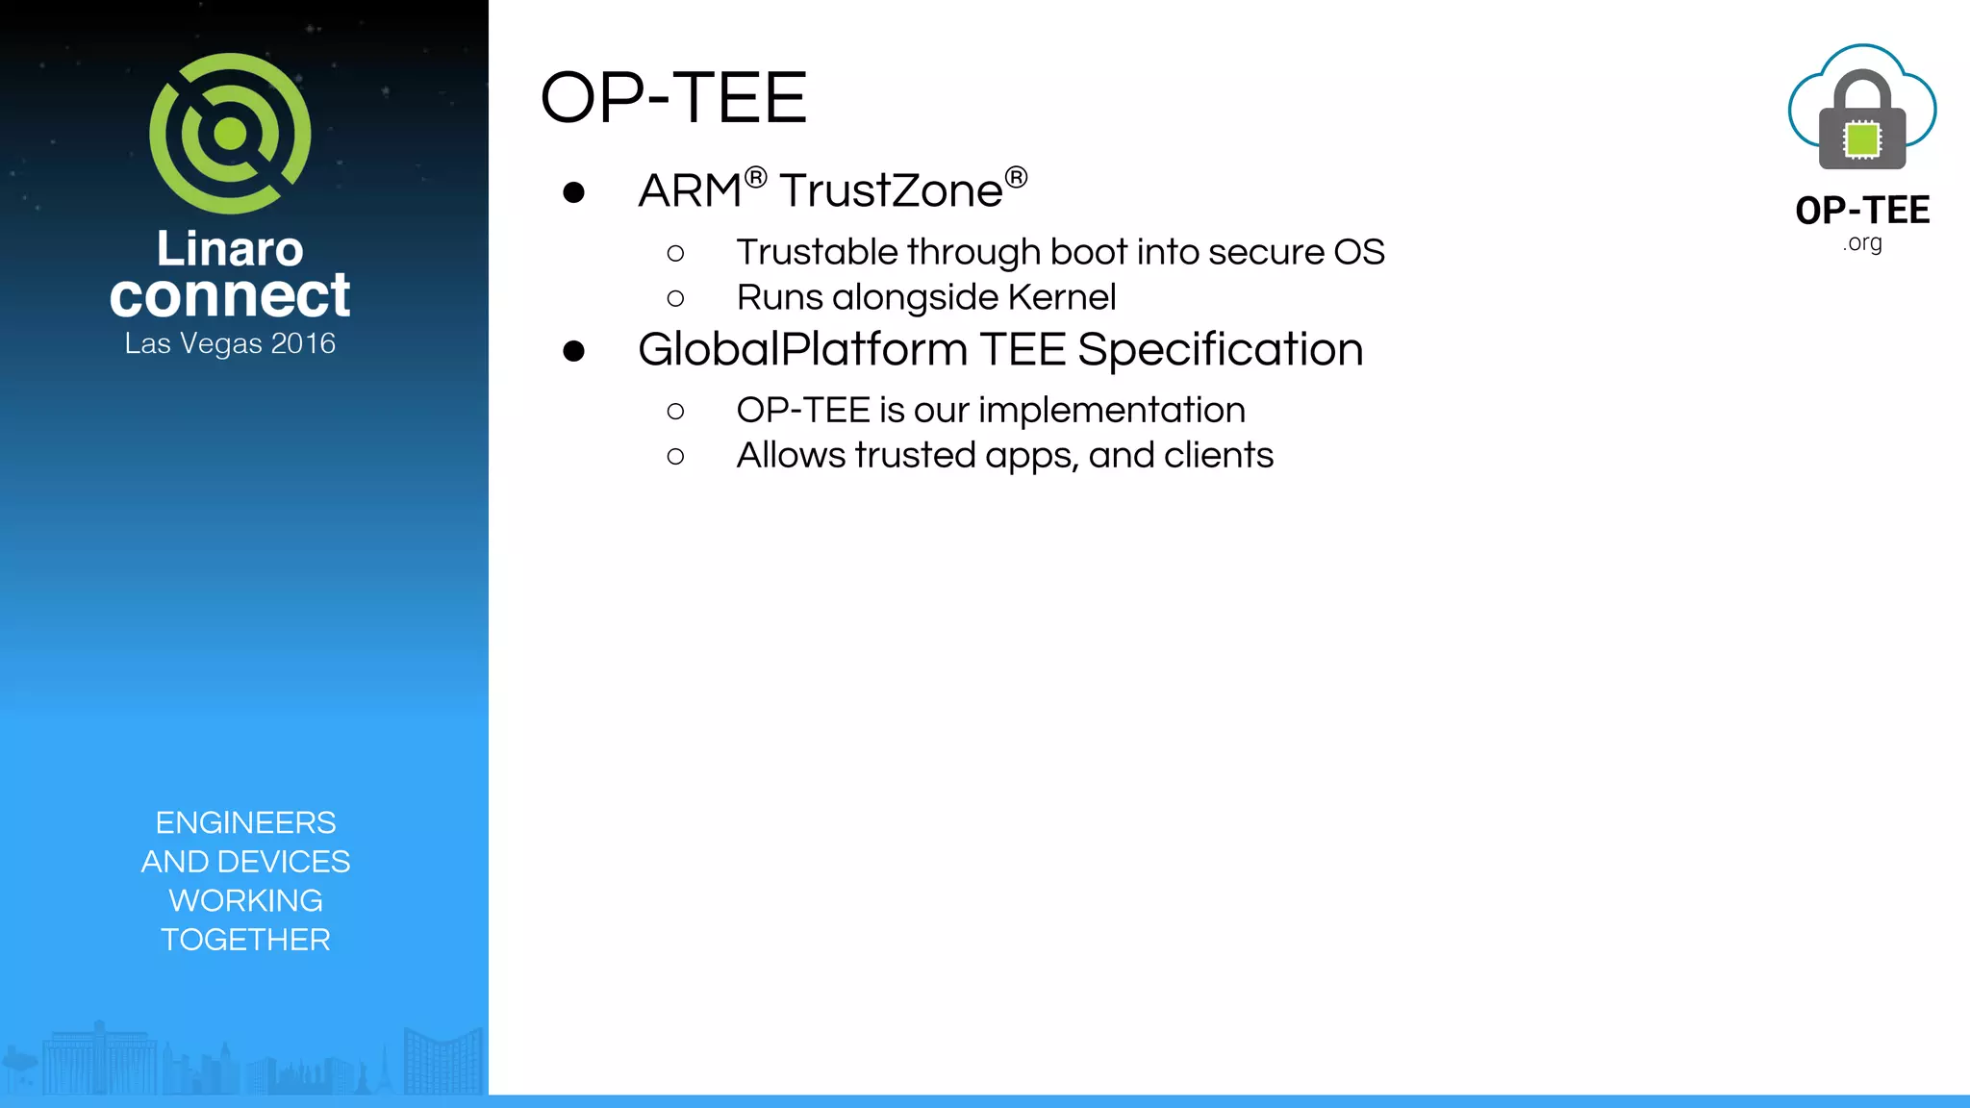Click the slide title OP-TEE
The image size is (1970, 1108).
(673, 98)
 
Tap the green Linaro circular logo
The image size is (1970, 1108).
(230, 134)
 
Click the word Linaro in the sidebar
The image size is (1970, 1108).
(230, 248)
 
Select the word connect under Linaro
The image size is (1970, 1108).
(230, 295)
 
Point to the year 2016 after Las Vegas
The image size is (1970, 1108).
(303, 343)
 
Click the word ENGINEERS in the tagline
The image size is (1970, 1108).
(245, 822)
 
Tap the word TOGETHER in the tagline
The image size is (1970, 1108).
(245, 939)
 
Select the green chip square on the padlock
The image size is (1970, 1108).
(1862, 139)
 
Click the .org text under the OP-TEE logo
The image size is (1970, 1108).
(1862, 243)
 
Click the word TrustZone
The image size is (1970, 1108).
(891, 190)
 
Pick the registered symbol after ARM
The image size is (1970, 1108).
(755, 178)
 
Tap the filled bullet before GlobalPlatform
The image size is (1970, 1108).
(574, 351)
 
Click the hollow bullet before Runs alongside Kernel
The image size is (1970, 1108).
(675, 298)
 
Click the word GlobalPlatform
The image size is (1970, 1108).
(802, 349)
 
